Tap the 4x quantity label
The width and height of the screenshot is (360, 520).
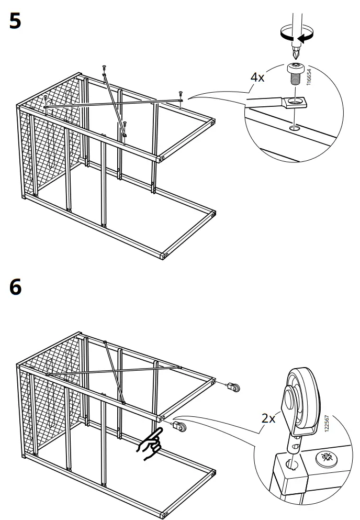tap(258, 78)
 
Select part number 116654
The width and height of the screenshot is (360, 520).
tap(309, 78)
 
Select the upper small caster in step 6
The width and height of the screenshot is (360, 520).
tap(233, 388)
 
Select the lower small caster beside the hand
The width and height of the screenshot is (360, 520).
tap(179, 427)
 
